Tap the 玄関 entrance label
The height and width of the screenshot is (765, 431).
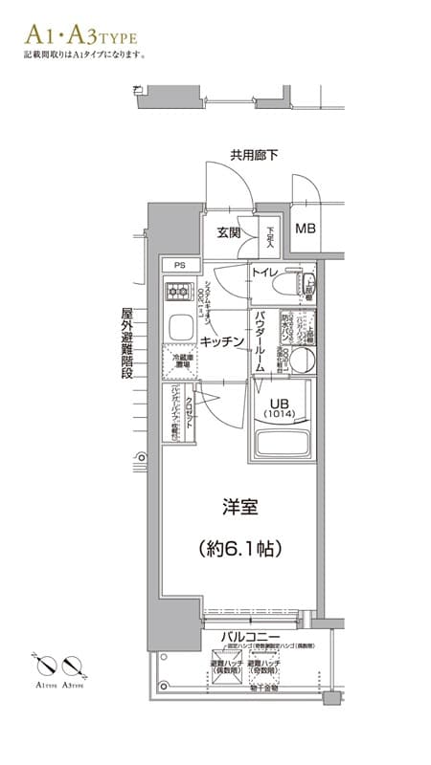click(x=228, y=232)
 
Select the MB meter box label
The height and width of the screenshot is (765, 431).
click(x=305, y=229)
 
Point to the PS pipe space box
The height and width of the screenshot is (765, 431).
click(x=179, y=265)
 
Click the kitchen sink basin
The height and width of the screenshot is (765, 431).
click(x=180, y=328)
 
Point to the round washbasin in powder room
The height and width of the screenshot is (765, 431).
click(x=301, y=359)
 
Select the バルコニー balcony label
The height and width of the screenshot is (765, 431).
click(x=251, y=636)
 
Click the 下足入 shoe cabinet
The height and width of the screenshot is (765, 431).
click(x=271, y=233)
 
